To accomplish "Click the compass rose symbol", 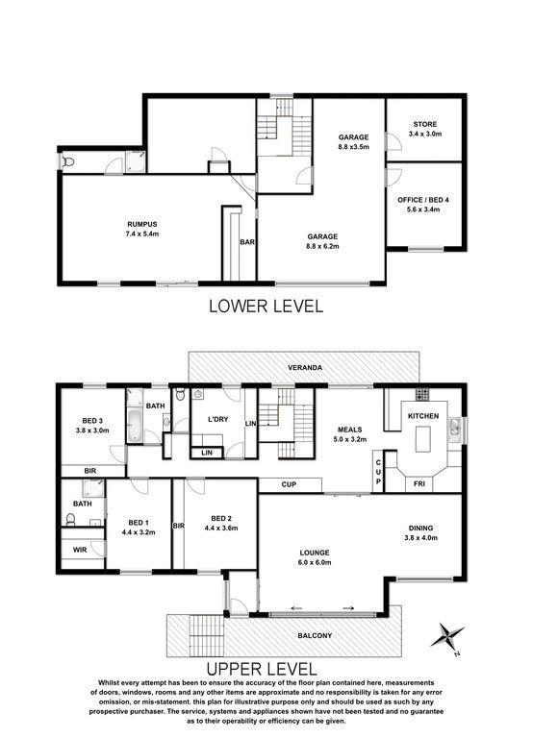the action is click(446, 635).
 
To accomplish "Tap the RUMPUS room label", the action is click(141, 225).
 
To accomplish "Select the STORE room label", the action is click(425, 124).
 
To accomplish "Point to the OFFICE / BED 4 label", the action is click(422, 200).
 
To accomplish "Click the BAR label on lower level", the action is click(247, 242).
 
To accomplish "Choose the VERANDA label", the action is click(306, 368).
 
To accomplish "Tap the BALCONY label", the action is click(315, 635).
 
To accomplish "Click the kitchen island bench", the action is click(422, 438).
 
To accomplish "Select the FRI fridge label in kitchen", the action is click(419, 483).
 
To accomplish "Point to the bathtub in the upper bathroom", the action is click(135, 426).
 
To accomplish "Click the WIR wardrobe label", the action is click(80, 550).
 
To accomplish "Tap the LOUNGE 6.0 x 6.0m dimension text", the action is click(315, 562).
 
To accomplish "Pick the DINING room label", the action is click(420, 529).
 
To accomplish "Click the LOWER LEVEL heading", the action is click(266, 306).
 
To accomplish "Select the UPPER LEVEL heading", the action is click(262, 669).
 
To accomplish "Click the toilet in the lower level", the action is click(68, 161).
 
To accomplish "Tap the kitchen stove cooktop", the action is click(422, 393).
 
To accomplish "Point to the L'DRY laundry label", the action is click(217, 419).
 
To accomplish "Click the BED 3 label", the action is click(92, 421).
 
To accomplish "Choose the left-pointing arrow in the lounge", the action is click(297, 608).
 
